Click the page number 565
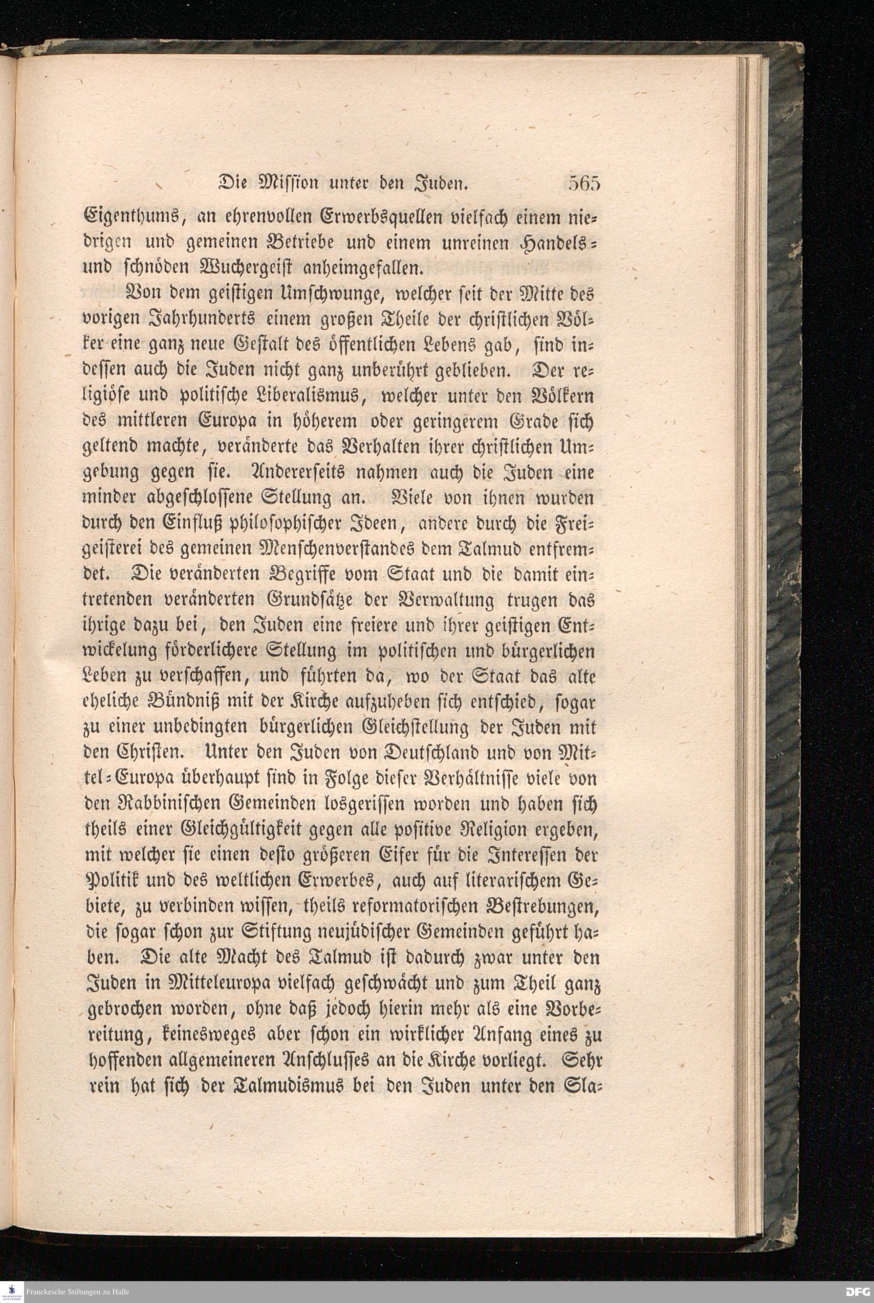coord(583,183)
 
